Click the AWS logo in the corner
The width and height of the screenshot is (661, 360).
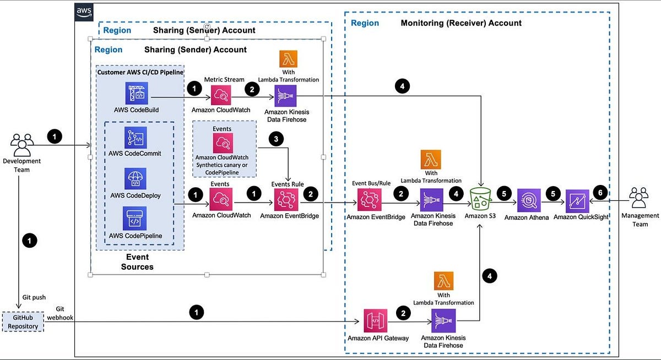tap(84, 12)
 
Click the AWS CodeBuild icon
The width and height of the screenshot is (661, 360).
tap(137, 93)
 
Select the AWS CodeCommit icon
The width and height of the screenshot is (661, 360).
tap(136, 138)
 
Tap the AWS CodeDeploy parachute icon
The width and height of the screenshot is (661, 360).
tap(135, 179)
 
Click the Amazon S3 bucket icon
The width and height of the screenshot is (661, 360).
tap(480, 199)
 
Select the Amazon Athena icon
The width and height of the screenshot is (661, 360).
tap(529, 200)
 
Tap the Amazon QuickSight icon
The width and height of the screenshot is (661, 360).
tap(577, 201)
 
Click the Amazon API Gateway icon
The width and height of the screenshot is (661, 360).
tap(375, 321)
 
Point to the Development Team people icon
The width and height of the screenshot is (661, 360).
tap(22, 145)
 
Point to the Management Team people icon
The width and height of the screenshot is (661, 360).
tap(639, 198)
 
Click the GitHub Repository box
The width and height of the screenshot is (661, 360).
tap(23, 321)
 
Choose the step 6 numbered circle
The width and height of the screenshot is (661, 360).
tap(600, 193)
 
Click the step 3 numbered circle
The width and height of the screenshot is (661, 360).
tap(276, 139)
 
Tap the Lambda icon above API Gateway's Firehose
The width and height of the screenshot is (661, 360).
tap(443, 281)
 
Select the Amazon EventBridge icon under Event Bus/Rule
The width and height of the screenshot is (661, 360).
tap(370, 200)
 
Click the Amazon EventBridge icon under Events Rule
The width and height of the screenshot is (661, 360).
tap(286, 200)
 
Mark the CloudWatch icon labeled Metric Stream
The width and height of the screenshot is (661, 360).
tap(221, 95)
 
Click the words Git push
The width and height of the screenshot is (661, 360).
tap(34, 297)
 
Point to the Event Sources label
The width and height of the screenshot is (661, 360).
tap(137, 262)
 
